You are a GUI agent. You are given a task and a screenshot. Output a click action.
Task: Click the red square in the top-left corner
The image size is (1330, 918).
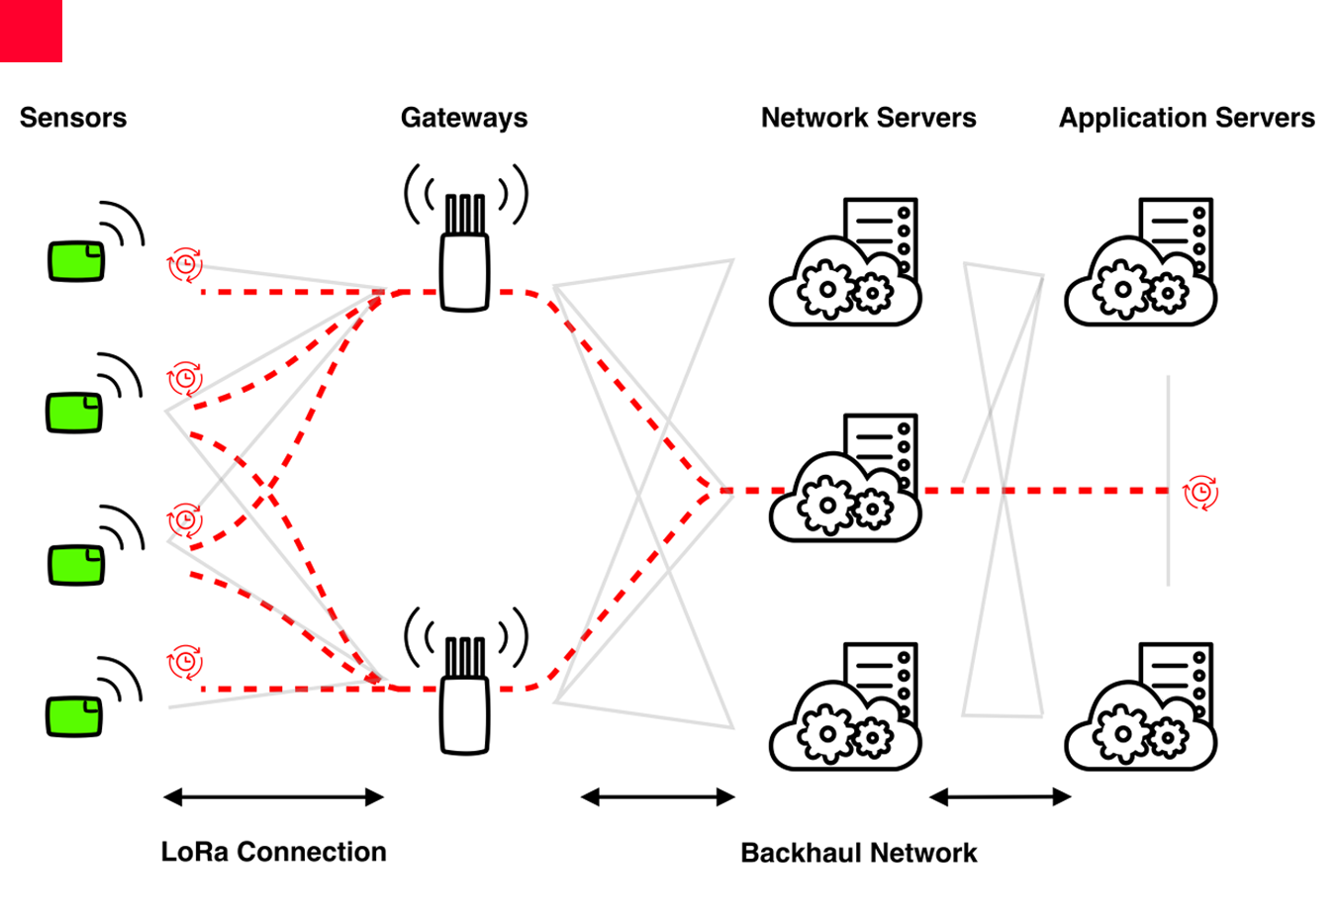tap(31, 31)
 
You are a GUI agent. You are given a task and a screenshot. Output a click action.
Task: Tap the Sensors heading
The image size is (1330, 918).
tap(73, 118)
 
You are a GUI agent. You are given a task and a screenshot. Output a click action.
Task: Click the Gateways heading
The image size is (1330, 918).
tap(463, 118)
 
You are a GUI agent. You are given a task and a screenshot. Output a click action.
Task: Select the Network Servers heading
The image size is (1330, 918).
tap(868, 118)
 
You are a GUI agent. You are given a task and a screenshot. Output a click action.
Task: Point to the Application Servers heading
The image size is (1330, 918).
tap(1187, 118)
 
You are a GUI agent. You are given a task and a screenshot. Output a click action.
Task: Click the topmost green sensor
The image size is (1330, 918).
tap(75, 261)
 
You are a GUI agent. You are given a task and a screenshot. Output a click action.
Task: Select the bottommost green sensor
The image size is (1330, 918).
tap(75, 715)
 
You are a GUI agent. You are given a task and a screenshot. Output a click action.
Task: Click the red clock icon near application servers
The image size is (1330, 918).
tap(1200, 492)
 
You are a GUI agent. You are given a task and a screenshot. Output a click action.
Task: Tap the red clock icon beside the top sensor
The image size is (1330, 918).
tap(185, 265)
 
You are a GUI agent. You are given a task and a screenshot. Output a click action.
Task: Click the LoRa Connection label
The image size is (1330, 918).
tap(273, 852)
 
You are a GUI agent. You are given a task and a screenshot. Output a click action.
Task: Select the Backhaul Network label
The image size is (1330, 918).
tap(858, 853)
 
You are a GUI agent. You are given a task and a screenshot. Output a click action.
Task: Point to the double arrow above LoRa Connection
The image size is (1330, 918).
tap(273, 797)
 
